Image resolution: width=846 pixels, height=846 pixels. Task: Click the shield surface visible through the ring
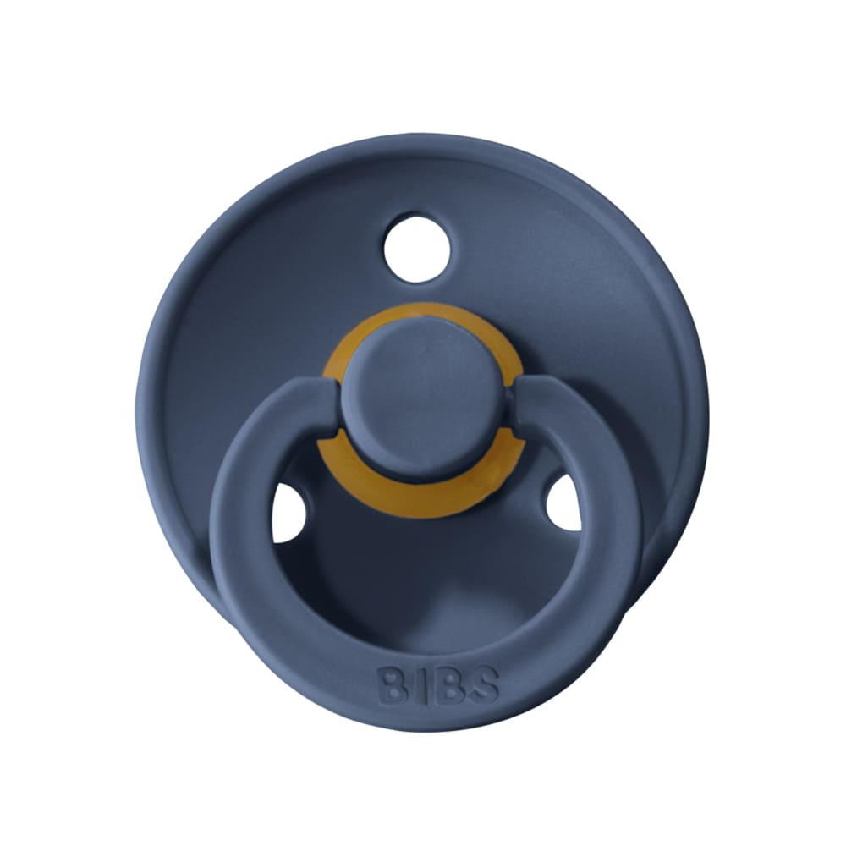click(423, 575)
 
